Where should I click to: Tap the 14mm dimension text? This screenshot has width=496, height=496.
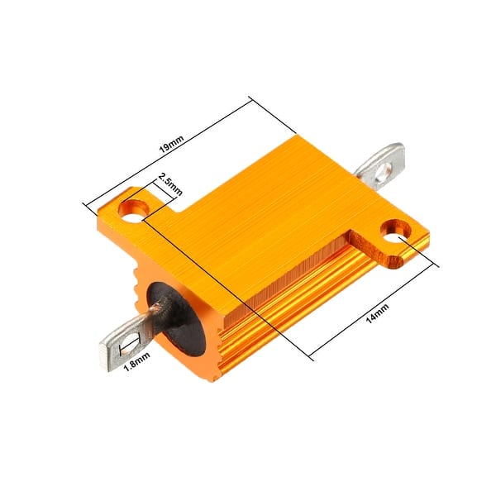(x=377, y=314)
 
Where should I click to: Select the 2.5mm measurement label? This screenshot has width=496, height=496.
(x=170, y=184)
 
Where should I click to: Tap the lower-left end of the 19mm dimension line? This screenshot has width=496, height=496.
(x=86, y=203)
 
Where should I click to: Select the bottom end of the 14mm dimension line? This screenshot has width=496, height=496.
(x=311, y=358)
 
